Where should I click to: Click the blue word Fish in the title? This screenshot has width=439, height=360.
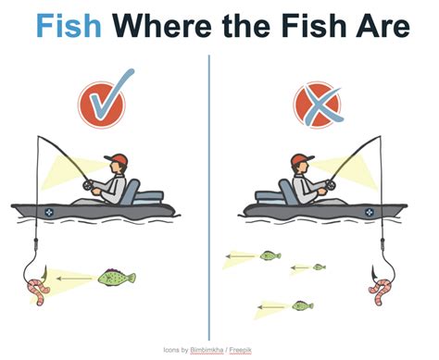pyautogui.click(x=63, y=28)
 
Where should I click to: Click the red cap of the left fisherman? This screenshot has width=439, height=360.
pyautogui.click(x=115, y=158)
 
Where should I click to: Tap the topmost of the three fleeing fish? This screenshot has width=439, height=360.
pyautogui.click(x=270, y=254)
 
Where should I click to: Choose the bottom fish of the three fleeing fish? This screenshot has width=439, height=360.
pyautogui.click(x=302, y=304)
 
